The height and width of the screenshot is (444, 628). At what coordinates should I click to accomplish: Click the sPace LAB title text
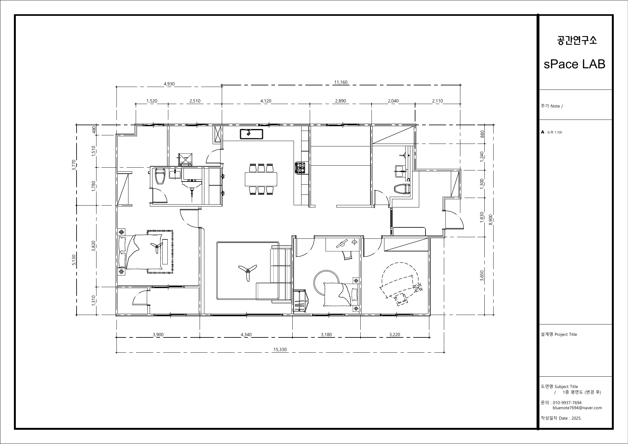pos(574,64)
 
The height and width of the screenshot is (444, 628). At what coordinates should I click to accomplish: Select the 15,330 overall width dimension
pos(280,349)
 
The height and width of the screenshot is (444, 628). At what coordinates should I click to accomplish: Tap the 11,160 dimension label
pos(341,82)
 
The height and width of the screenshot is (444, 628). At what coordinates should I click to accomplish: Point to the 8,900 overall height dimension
pos(491,219)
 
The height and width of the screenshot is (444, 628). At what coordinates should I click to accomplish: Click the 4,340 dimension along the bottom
pos(246,335)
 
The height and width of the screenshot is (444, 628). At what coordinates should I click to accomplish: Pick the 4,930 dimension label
pos(169,84)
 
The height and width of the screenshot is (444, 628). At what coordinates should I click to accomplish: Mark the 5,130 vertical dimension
pos(74,260)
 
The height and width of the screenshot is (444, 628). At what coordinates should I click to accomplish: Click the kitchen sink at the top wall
pos(251,134)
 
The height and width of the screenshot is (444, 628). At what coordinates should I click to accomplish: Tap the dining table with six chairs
pos(261,179)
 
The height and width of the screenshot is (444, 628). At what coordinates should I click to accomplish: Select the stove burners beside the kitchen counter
pos(300,168)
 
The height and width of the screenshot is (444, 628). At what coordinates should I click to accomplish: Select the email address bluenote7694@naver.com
pos(577,408)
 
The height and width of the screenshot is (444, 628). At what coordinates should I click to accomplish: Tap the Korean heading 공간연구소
pos(577,40)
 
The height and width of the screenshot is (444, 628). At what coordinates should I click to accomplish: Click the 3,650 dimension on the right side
pos(482,275)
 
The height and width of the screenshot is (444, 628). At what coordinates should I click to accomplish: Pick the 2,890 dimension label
pos(340,101)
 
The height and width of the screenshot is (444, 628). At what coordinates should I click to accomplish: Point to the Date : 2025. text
pos(570,418)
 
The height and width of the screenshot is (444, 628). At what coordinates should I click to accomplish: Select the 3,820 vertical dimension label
pos(93,246)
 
